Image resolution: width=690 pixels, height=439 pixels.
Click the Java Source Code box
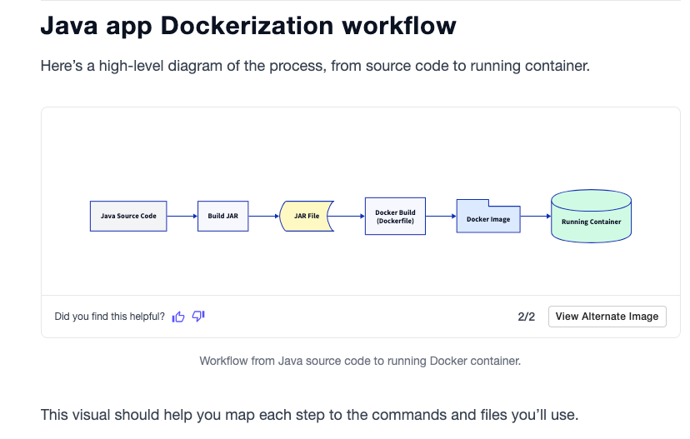(x=128, y=216)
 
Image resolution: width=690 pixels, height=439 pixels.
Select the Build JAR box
(x=222, y=216)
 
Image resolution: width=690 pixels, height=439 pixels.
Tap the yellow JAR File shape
(x=307, y=216)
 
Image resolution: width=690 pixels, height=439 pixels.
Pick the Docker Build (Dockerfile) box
(x=395, y=216)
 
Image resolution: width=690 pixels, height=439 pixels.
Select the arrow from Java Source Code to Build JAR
(x=182, y=216)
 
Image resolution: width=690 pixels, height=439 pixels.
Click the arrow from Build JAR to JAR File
(x=264, y=216)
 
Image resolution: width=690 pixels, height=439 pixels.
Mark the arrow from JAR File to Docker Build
(x=349, y=216)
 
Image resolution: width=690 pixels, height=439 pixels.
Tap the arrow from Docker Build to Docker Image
(x=441, y=216)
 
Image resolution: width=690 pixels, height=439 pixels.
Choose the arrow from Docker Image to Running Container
(x=536, y=216)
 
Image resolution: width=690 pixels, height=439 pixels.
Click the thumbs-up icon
(x=178, y=317)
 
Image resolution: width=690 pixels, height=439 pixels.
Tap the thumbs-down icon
(x=198, y=317)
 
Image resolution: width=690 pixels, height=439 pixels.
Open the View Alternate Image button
(x=607, y=317)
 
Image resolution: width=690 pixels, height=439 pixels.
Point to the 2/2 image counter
(x=526, y=317)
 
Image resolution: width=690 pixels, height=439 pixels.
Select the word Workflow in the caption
(x=225, y=362)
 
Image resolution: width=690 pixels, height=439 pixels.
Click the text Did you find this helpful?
(x=109, y=317)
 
